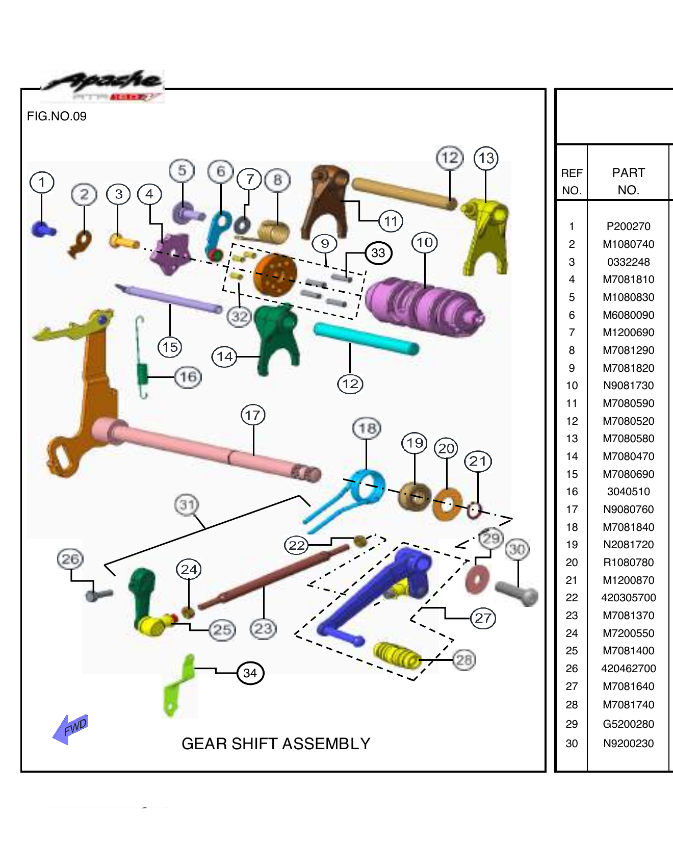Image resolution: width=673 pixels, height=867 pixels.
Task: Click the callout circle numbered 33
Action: click(378, 253)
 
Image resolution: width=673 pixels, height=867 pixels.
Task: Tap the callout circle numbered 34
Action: click(250, 673)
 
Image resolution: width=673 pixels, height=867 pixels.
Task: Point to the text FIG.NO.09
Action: click(57, 116)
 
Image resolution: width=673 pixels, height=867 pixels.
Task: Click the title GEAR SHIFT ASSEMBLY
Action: click(276, 744)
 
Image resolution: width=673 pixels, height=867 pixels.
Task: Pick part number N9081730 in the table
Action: click(628, 386)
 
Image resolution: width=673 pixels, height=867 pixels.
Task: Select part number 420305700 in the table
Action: click(628, 598)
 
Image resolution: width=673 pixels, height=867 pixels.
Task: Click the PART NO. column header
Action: click(628, 181)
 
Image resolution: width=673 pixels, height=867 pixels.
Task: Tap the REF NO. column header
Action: click(572, 181)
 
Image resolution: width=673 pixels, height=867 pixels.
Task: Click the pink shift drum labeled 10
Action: click(423, 306)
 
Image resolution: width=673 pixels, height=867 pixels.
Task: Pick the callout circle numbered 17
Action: click(253, 415)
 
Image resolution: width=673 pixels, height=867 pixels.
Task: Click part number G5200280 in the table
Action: click(628, 724)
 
